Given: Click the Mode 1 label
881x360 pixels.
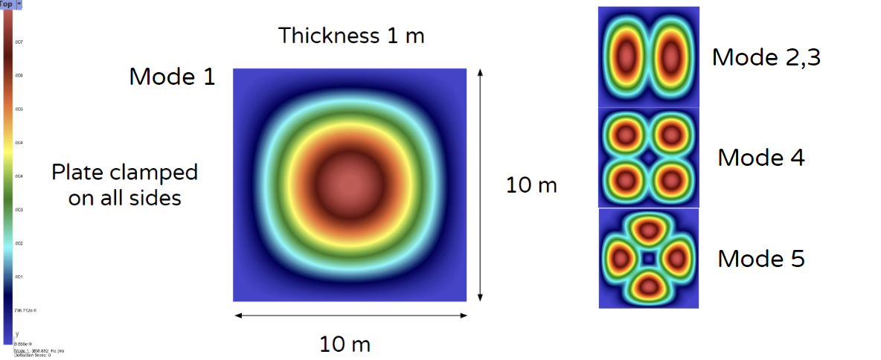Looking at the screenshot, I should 172,77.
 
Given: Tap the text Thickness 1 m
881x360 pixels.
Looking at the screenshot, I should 351,35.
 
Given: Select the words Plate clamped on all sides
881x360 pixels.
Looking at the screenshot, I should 124,185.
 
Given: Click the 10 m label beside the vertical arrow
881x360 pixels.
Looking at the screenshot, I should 531,185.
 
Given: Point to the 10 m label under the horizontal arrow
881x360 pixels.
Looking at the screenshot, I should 345,344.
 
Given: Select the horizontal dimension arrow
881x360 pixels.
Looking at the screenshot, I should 350,316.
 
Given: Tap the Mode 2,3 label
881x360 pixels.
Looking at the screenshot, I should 766,57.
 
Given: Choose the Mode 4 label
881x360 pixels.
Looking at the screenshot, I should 760,158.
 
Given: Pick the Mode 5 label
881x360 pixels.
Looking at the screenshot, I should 760,259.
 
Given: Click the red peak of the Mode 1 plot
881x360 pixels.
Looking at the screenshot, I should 350,183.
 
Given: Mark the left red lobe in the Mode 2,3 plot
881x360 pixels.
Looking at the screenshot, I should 626,57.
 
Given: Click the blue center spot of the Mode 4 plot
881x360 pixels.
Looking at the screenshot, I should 648,158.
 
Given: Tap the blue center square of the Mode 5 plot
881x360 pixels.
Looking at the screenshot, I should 648,258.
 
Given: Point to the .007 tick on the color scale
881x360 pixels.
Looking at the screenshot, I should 19,42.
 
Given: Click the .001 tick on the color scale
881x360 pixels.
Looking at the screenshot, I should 19,277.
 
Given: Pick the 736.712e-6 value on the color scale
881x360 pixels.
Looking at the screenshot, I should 25,310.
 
